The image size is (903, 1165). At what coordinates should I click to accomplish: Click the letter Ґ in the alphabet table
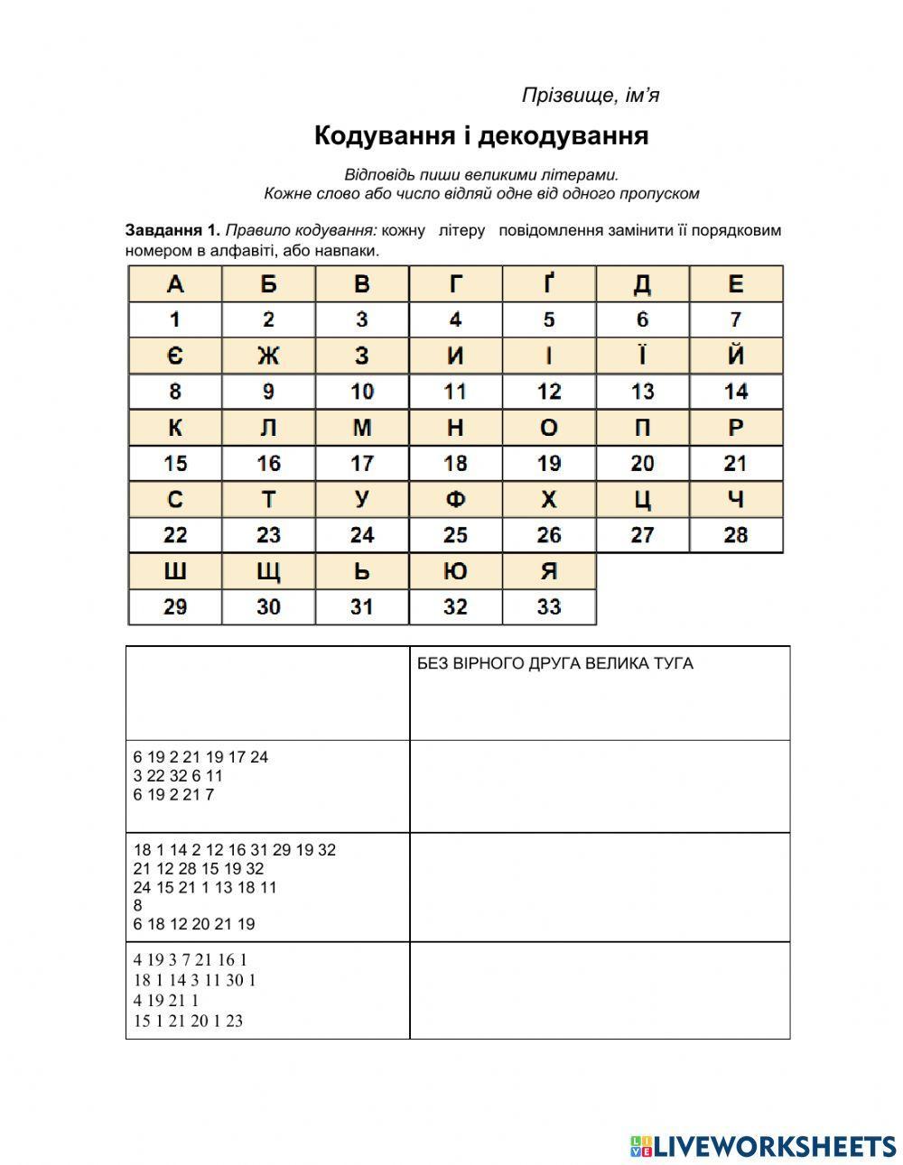point(549,284)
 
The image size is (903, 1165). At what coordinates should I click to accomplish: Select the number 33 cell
point(549,607)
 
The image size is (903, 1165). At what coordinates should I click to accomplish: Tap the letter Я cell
point(549,571)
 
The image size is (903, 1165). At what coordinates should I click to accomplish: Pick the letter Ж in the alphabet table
point(268,356)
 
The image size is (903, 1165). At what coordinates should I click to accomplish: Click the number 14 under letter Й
point(736,392)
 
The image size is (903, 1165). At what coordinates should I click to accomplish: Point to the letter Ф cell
point(455,500)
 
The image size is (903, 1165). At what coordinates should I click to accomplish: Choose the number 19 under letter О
point(549,464)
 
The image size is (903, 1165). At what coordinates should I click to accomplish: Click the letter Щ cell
point(268,571)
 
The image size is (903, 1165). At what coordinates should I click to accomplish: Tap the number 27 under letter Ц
point(642,535)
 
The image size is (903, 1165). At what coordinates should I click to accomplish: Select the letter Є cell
point(175,356)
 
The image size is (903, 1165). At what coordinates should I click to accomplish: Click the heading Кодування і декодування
point(481,135)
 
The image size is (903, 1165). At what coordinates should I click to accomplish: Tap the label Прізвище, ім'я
point(591,95)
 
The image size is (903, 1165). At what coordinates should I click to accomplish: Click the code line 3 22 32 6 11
point(178,776)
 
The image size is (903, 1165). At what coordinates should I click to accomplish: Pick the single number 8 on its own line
point(137,905)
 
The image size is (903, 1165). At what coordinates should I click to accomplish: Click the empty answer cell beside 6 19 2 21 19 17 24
point(600,786)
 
